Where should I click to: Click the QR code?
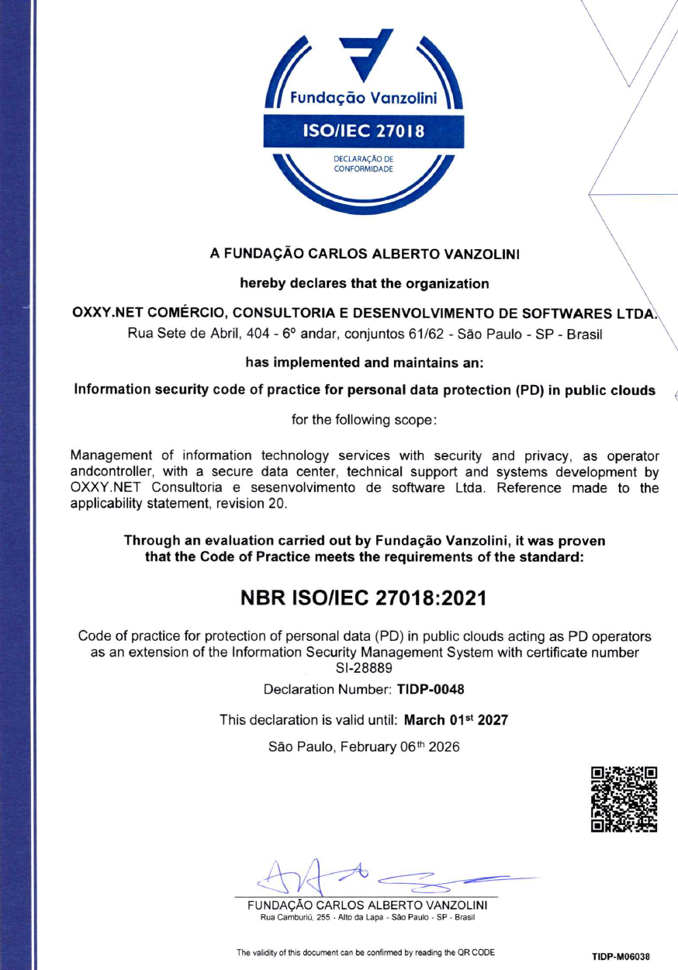click(624, 799)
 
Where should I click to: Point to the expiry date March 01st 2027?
click(456, 719)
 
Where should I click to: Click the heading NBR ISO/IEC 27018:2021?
click(364, 598)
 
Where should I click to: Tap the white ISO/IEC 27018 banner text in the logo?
click(364, 131)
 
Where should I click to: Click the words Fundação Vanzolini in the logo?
click(363, 99)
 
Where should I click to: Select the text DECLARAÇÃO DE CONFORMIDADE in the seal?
click(364, 163)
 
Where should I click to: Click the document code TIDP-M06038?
click(621, 957)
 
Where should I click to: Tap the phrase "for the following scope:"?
click(364, 420)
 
